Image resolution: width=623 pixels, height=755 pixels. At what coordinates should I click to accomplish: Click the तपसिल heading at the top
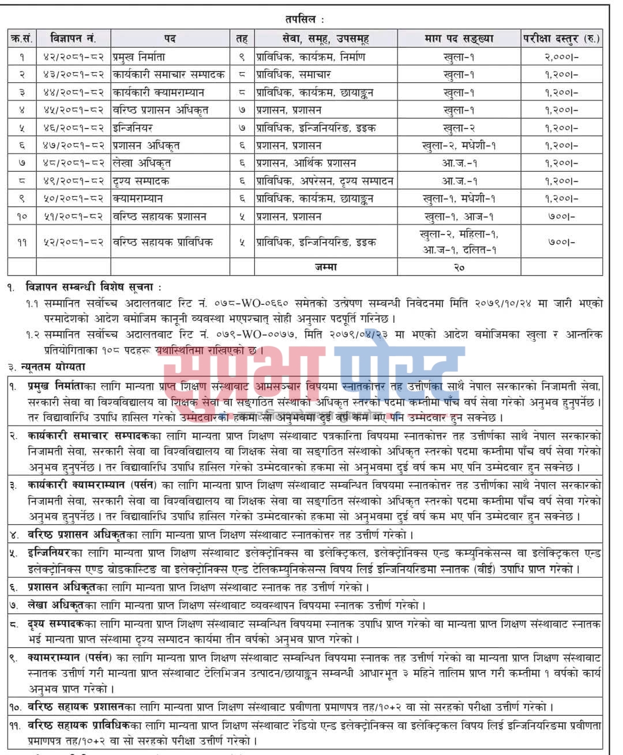(300, 19)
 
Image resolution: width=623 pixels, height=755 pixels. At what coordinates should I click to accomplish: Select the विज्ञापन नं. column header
(73, 39)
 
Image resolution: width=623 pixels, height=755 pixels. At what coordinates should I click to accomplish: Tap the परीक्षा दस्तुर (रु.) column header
(561, 39)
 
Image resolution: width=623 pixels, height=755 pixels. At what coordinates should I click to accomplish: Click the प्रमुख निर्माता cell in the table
(139, 57)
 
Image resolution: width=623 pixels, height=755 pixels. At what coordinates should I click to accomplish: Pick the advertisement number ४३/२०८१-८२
(73, 75)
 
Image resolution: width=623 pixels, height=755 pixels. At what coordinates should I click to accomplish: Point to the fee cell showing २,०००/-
(561, 57)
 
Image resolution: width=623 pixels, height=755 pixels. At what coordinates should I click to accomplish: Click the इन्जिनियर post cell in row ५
(133, 128)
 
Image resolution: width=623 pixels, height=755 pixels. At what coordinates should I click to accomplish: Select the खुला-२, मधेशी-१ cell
(459, 146)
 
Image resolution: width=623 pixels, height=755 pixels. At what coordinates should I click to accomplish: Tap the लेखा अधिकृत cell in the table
(142, 164)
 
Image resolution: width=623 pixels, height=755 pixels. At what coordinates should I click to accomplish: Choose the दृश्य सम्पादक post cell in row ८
(142, 181)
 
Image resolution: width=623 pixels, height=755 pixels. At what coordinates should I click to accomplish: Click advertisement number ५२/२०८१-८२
(73, 243)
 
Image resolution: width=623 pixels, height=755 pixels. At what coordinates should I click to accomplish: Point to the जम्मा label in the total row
(326, 267)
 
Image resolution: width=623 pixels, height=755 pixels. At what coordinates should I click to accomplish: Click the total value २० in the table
(459, 267)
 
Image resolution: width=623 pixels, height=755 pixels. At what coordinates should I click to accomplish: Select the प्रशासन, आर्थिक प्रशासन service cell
(306, 164)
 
